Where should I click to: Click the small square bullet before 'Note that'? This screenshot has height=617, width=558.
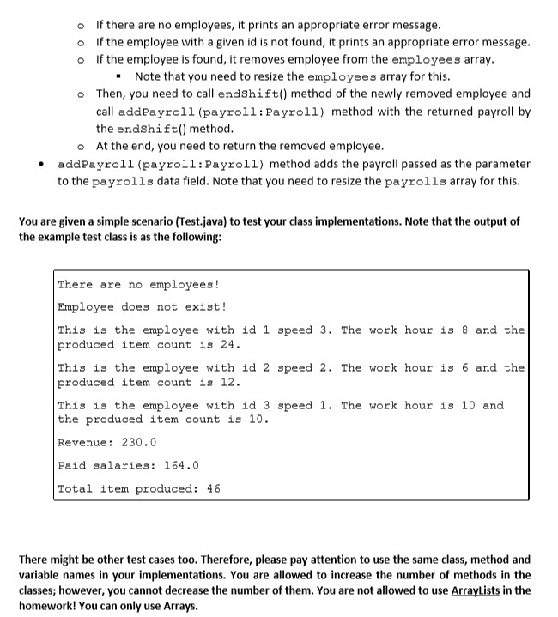124,76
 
